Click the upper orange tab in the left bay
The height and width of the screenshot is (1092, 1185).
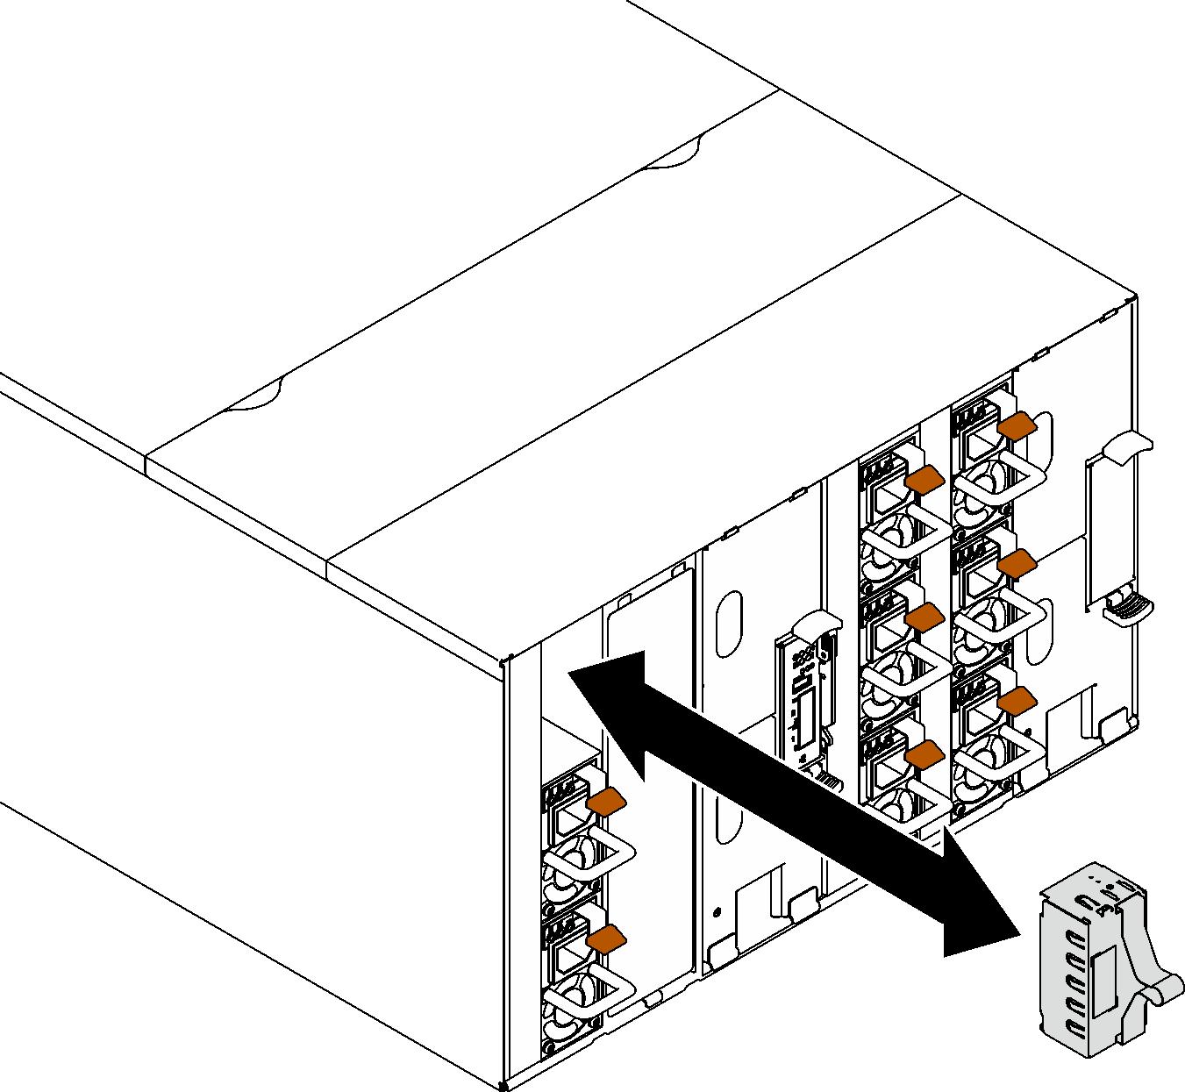[606, 801]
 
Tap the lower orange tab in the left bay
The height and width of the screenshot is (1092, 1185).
[606, 939]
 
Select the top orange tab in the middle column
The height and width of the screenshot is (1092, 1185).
[924, 479]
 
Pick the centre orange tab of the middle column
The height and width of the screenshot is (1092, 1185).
[924, 617]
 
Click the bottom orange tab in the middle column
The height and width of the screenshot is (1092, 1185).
[924, 754]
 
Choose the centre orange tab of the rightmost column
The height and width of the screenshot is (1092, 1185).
[1017, 564]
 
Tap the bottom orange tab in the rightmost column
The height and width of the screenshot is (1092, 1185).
[1017, 701]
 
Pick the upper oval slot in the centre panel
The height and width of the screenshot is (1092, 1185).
[729, 624]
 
